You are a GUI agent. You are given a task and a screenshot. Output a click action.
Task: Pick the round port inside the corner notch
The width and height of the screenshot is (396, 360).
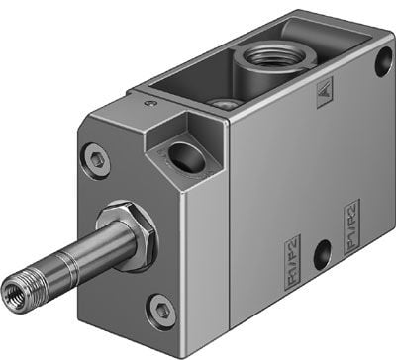(183, 155)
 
